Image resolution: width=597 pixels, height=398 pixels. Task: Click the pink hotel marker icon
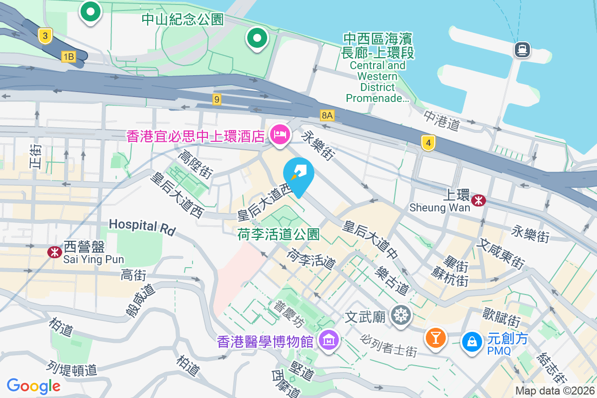[280, 134]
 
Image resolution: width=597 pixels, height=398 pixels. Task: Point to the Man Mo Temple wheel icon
[400, 315]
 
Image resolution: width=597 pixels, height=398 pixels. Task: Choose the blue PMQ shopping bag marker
[470, 342]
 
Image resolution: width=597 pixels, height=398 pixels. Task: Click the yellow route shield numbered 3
[45, 35]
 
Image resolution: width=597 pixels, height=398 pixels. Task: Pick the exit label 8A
[327, 115]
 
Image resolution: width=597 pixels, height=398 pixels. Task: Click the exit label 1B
[69, 57]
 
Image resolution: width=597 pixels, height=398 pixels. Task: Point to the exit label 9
[216, 99]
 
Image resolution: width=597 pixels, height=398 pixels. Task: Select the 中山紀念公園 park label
[183, 19]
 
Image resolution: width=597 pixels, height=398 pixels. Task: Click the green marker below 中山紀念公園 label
[257, 38]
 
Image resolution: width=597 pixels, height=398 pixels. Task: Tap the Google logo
[34, 386]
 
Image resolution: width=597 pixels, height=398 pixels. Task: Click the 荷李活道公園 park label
[279, 234]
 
